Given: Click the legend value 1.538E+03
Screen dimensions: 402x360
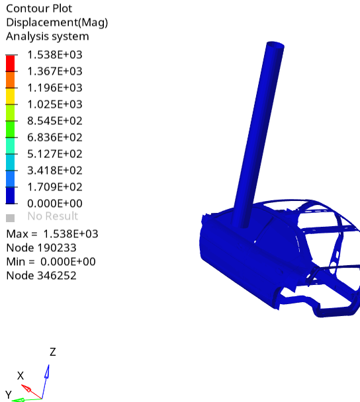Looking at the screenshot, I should (x=54, y=55).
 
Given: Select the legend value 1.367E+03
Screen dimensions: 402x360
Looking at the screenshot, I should (x=54, y=71).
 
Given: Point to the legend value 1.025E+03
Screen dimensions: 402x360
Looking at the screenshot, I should (x=54, y=104).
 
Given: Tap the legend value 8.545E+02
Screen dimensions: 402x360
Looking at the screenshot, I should (x=54, y=121).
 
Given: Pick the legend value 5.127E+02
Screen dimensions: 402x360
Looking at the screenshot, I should (x=54, y=154).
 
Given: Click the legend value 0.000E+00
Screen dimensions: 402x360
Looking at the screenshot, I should (x=54, y=204).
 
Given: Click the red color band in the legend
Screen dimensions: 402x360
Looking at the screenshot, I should (x=10, y=63).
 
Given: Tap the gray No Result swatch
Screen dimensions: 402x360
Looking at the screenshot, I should (x=10, y=217).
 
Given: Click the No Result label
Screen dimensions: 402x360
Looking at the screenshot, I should (x=52, y=216).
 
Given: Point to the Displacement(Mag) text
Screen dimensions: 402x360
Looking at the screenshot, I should (x=57, y=22).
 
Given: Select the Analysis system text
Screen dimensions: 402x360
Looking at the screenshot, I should (x=47, y=36).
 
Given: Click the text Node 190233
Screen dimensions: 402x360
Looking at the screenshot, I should (x=41, y=248).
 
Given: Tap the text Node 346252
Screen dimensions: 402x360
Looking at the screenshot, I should (x=41, y=276).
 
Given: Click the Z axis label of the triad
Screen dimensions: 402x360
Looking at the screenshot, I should (x=52, y=352).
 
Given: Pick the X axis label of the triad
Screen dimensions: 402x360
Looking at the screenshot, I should (x=21, y=376).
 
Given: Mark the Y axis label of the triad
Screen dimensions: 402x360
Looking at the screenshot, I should (x=9, y=395).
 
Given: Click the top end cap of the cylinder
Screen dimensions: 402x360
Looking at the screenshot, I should (x=275, y=47).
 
